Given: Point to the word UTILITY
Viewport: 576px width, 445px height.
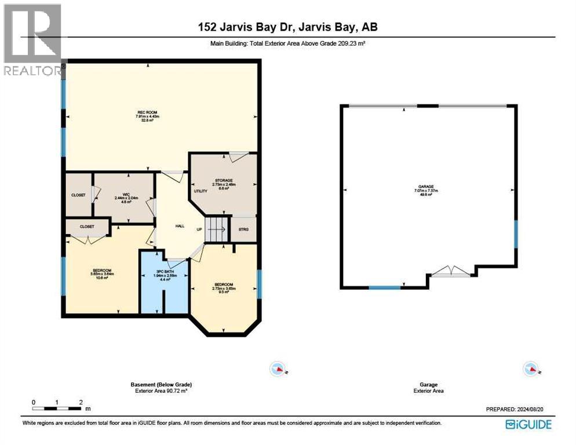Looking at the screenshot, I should (x=200, y=191).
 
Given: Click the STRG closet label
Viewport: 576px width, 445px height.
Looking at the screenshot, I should (x=243, y=229).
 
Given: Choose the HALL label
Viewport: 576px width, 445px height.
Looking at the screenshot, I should (x=180, y=226).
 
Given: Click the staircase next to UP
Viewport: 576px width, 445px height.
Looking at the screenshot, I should (x=218, y=229).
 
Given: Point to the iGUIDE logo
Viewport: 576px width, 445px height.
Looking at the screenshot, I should (x=528, y=424).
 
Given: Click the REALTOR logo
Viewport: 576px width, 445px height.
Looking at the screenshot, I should (x=32, y=39).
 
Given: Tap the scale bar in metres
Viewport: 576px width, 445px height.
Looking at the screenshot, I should (x=57, y=402).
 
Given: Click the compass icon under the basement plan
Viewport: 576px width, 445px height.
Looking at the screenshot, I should (x=279, y=369).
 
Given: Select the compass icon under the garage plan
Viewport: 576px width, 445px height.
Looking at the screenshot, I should (x=531, y=369).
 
